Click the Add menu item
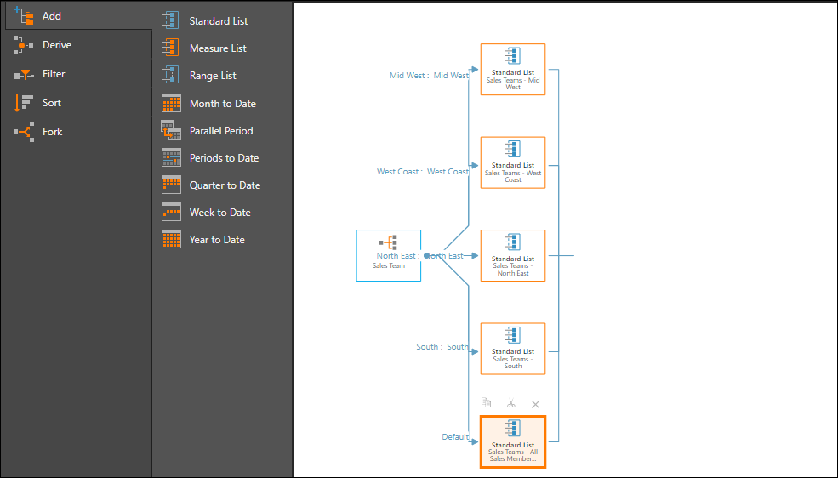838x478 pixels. point(51,16)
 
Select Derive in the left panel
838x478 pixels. point(56,45)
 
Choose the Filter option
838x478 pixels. point(53,74)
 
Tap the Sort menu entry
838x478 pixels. point(51,103)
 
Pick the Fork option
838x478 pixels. point(52,132)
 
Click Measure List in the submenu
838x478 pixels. point(217,48)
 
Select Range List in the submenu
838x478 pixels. point(213,76)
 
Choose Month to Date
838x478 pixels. point(222,104)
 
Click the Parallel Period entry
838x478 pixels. point(220,131)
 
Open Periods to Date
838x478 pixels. point(224,158)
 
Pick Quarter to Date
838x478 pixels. point(225,185)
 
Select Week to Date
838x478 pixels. point(219,213)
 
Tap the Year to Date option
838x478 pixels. point(216,240)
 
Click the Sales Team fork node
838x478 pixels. point(388,255)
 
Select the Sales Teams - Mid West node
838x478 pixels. point(512,70)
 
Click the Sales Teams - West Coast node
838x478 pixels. point(512,162)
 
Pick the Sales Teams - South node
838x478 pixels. point(512,349)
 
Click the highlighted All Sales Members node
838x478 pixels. point(512,441)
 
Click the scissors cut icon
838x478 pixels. point(511,404)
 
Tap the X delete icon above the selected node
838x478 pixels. point(535,404)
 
